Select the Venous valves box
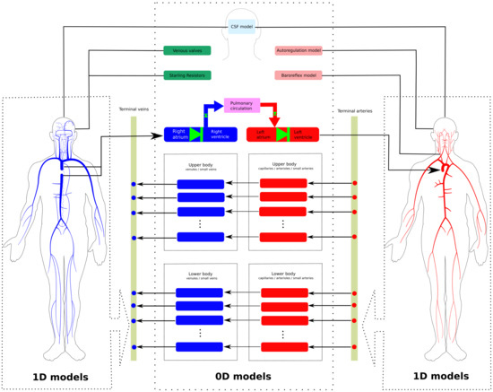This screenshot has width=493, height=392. tap(186, 51)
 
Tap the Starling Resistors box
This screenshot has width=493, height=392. tap(186, 75)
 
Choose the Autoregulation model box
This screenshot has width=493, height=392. tap(298, 51)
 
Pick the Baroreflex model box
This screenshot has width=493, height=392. tap(298, 75)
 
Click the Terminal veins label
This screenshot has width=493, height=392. tap(134, 109)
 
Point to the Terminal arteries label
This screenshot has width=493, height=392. tap(354, 109)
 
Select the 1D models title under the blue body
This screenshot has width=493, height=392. tap(59, 376)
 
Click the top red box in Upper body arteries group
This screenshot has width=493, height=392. tap(283, 184)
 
